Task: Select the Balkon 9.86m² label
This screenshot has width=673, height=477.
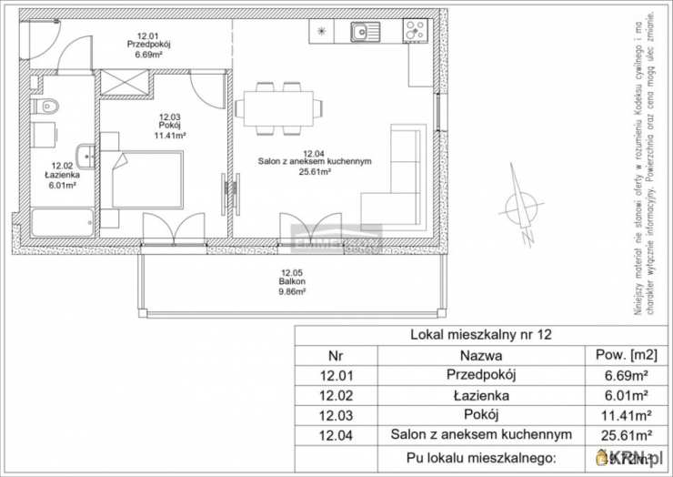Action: coord(292,282)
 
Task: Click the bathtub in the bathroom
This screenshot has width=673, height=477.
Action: coord(62,222)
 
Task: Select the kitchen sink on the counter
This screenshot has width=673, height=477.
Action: coord(367,32)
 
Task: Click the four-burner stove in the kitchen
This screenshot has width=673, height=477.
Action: coord(414,32)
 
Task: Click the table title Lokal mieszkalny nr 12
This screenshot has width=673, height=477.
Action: coord(481,335)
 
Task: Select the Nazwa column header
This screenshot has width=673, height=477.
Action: coord(481,355)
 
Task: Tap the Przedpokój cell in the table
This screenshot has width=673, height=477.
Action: coord(481,375)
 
